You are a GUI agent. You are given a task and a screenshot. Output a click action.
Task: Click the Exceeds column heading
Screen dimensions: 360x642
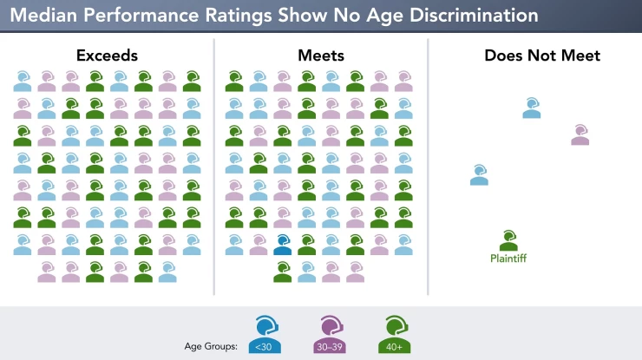[107, 56]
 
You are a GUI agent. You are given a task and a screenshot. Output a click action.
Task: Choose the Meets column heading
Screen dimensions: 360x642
[320, 56]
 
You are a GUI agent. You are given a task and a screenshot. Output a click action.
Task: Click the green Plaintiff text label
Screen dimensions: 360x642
[508, 258]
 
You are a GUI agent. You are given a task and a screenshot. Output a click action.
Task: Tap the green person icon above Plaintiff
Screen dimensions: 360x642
[508, 239]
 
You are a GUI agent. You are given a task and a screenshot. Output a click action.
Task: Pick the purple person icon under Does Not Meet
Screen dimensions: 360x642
[580, 134]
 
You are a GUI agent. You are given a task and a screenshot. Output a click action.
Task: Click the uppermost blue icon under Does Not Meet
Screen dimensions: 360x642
[531, 108]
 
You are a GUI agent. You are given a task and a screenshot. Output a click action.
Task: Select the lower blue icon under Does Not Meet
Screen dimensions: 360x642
[479, 174]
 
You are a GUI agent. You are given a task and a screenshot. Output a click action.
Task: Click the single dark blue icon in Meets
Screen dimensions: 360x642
[282, 245]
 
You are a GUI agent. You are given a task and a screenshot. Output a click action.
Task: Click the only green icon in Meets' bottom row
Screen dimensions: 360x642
[282, 272]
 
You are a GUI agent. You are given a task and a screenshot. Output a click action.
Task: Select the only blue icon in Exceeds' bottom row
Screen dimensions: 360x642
[167, 272]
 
